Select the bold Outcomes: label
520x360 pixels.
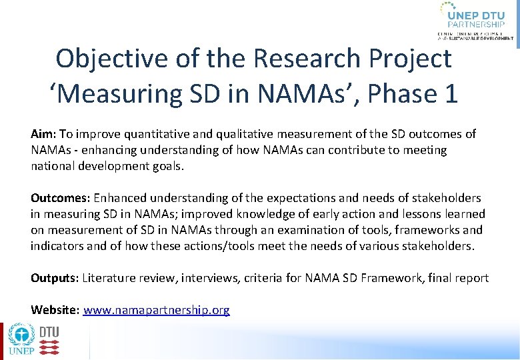(61, 198)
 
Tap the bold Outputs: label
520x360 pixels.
(55, 278)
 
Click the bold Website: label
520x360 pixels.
(55, 310)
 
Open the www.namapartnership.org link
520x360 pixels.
(156, 310)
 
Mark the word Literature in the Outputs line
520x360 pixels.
(108, 278)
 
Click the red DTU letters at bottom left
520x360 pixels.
(49, 332)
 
